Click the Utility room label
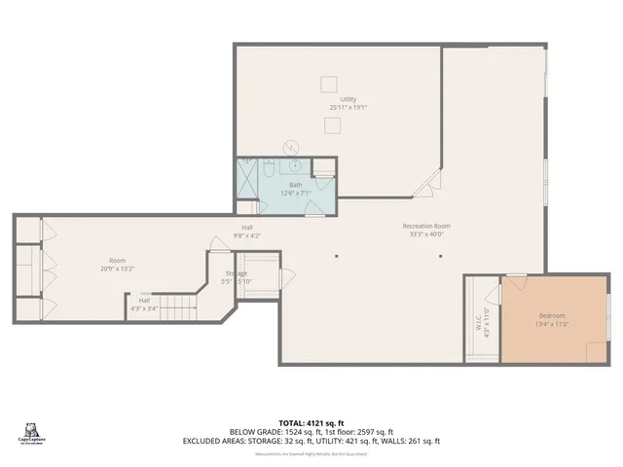coord(348,99)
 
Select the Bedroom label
coord(553,317)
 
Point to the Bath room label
coord(296,186)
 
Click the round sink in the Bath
coord(289,148)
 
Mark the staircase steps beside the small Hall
coord(178,309)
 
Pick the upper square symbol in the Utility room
coord(331,83)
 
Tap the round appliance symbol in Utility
coord(289,148)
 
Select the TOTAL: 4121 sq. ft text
coord(311,421)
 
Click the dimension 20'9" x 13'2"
coord(117,269)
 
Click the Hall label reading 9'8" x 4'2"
coord(247,235)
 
